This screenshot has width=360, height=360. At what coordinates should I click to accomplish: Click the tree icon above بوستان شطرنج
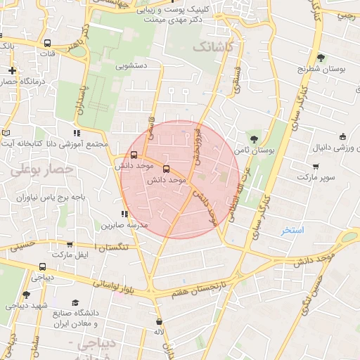tap(321, 58)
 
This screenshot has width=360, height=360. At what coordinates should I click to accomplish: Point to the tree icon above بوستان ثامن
tap(253, 138)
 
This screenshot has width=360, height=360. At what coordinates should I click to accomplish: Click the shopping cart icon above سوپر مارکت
tap(316, 167)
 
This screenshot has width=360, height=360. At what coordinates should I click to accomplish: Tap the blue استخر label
tap(292, 230)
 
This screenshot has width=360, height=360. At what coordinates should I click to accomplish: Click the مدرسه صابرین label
tap(124, 225)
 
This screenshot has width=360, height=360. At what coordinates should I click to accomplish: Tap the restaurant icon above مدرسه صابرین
tap(124, 214)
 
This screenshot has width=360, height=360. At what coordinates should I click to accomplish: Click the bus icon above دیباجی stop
tap(43, 267)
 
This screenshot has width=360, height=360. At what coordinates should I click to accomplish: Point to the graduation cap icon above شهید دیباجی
tap(26, 295)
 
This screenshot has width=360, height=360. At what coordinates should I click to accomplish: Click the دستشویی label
tap(131, 67)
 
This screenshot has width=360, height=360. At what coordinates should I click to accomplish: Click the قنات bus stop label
tap(48, 53)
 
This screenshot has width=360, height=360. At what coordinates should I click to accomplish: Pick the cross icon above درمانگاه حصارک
tap(13, 70)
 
